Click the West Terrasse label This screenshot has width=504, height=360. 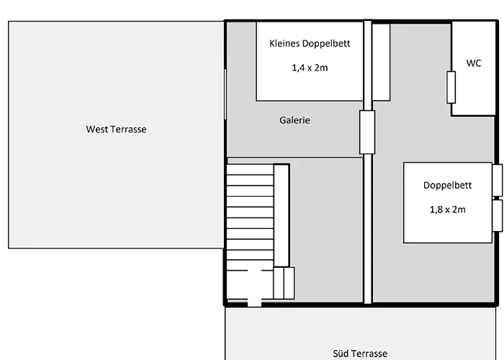pyautogui.click(x=116, y=129)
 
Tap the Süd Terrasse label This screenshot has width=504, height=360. pyautogui.click(x=360, y=354)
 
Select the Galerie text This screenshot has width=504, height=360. pyautogui.click(x=294, y=120)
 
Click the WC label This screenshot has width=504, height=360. pyautogui.click(x=474, y=63)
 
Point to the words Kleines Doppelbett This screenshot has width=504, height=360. pyautogui.click(x=310, y=43)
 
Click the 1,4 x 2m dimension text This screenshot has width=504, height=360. pyautogui.click(x=310, y=68)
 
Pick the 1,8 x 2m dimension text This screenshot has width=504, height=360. pyautogui.click(x=447, y=210)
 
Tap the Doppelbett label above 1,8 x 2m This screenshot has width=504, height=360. pyautogui.click(x=447, y=186)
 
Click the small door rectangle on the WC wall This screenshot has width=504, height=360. pyautogui.click(x=451, y=87)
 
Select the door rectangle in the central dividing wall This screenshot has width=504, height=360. pyautogui.click(x=367, y=132)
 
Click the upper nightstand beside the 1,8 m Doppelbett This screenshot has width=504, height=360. pyautogui.click(x=498, y=180)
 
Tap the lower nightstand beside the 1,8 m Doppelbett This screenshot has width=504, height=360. pyautogui.click(x=498, y=215)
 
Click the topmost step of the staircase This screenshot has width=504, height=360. pyautogui.click(x=250, y=170)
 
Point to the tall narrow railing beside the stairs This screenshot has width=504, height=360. pyautogui.click(x=282, y=215)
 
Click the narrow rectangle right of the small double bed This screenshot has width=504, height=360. pyautogui.click(x=381, y=62)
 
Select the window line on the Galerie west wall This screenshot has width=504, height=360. pyautogui.click(x=225, y=94)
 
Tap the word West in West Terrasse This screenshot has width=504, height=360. pyautogui.click(x=96, y=129)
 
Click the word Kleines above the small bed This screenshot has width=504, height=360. pyautogui.click(x=284, y=43)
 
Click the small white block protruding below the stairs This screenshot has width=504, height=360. pyautogui.click(x=254, y=303)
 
